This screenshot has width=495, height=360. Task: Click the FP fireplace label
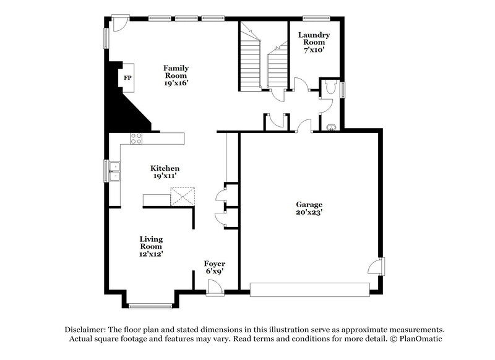pos(128,78)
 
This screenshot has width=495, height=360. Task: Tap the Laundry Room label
pos(314,42)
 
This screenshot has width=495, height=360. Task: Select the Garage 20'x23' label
pos(309,208)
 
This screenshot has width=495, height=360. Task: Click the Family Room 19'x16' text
pos(176,75)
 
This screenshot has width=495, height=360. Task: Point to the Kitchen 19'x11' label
pos(165,172)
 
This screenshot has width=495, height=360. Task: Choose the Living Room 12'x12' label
pos(151,246)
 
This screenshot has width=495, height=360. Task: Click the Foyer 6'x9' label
pos(215,267)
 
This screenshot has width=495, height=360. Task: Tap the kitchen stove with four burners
pos(136,138)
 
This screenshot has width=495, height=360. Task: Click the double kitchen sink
pos(114,171)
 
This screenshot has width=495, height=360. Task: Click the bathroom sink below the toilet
pos(331,127)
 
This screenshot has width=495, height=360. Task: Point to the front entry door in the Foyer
pos(214,287)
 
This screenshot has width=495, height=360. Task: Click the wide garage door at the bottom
pos(309,288)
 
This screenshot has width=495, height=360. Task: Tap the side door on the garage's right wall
pos(377,267)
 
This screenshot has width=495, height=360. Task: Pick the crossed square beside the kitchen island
pos(183,198)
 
